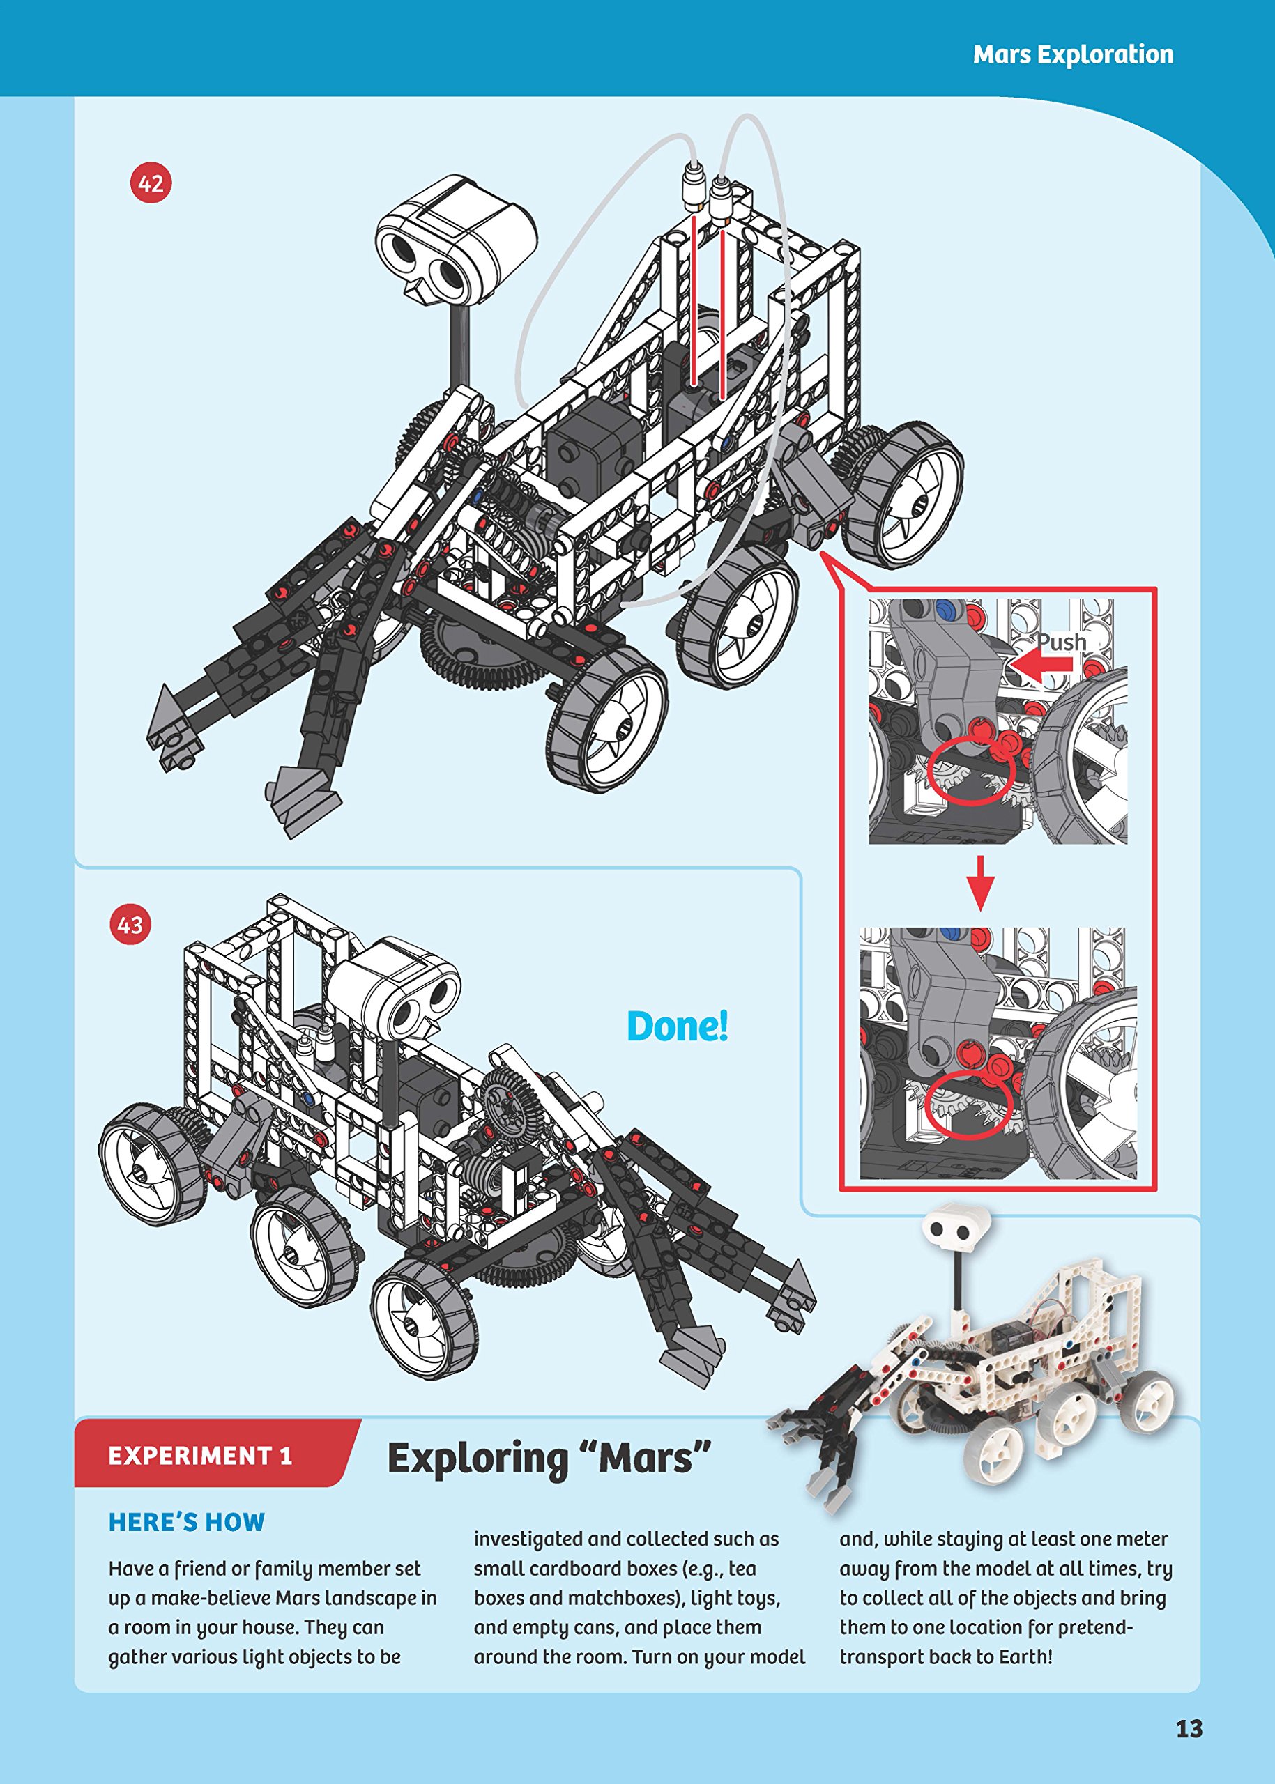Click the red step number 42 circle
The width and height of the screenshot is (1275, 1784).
pos(151,184)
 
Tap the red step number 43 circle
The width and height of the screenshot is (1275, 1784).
pos(130,925)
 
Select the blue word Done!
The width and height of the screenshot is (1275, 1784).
pos(678,1026)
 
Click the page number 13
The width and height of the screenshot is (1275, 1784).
pos(1189,1729)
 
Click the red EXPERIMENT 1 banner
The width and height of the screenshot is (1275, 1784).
pos(201,1456)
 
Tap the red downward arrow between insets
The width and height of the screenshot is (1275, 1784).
pos(980,882)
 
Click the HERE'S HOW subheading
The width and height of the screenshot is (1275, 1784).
pos(187,1523)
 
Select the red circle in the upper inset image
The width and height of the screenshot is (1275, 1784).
pos(971,771)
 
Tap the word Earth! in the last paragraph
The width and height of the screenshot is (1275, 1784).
pos(1025,1657)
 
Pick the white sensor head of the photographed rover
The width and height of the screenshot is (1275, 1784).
pos(956,1231)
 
